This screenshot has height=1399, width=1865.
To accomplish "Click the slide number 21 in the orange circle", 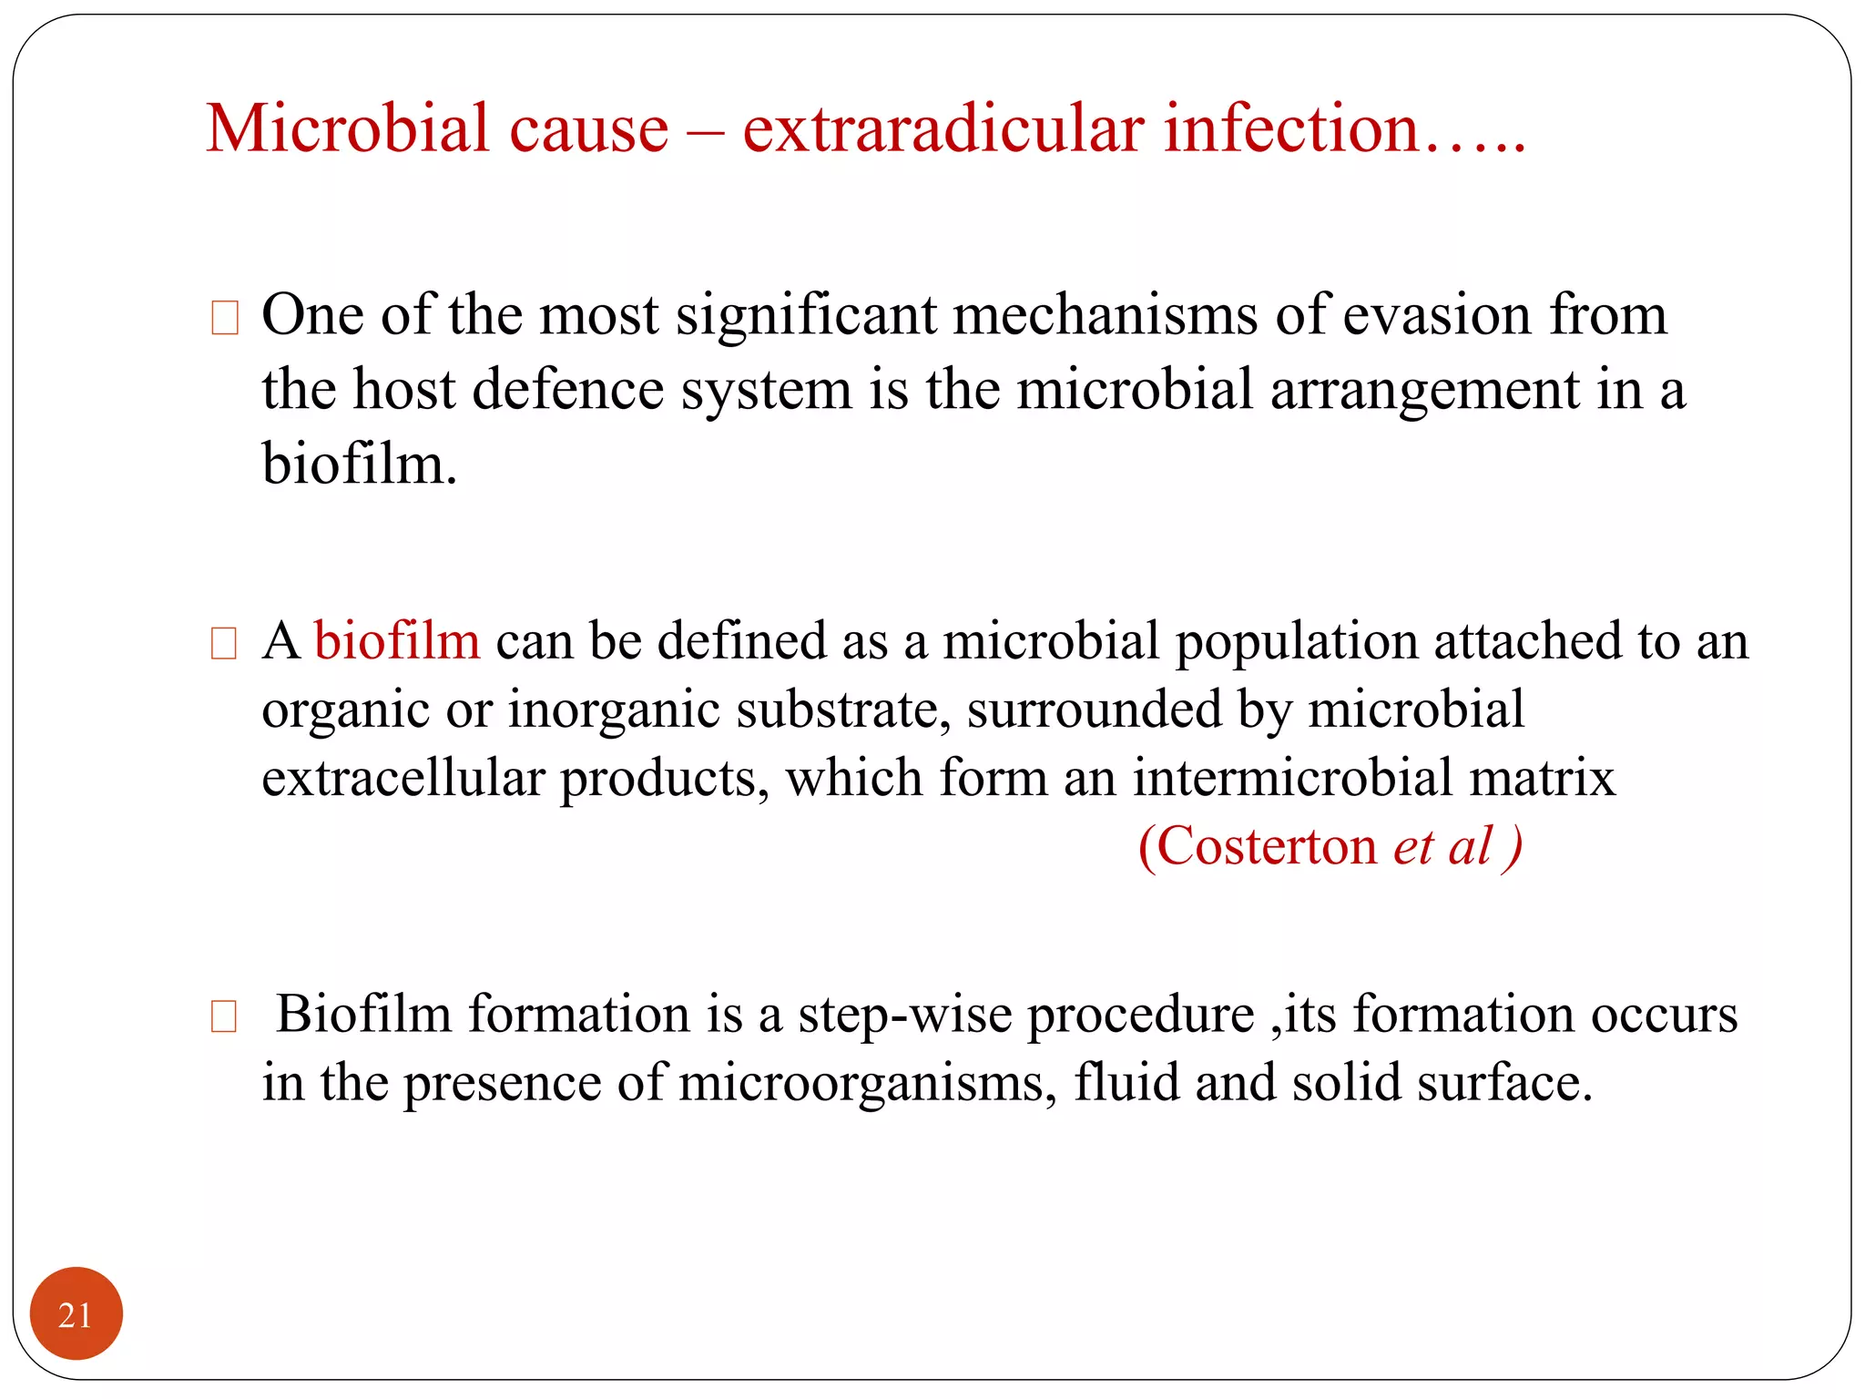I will pyautogui.click(x=75, y=1315).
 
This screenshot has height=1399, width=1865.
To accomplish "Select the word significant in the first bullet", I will pyautogui.click(x=806, y=315).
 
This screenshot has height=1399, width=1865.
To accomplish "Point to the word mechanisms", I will pyautogui.click(x=1106, y=315).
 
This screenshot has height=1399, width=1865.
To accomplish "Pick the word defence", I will pyautogui.click(x=568, y=390).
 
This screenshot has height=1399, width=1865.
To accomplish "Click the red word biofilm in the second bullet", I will pyautogui.click(x=397, y=640).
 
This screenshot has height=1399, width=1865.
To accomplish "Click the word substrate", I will pyautogui.click(x=843, y=710).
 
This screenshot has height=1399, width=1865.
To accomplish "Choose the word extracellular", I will pyautogui.click(x=403, y=779).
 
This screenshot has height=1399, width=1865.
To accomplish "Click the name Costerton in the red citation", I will pyautogui.click(x=1267, y=847).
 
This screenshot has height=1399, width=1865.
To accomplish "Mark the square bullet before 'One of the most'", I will pyautogui.click(x=224, y=318).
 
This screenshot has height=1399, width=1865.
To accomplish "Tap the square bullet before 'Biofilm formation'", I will pyautogui.click(x=224, y=1016).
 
